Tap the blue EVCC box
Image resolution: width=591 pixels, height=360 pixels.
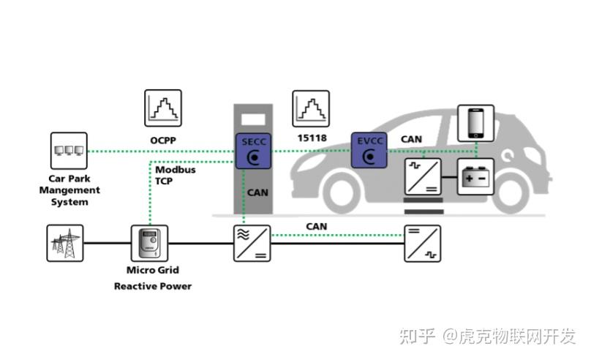[368, 150]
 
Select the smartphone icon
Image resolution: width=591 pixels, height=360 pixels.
[475, 123]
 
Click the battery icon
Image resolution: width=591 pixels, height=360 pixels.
[475, 176]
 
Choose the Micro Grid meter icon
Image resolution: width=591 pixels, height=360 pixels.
[149, 243]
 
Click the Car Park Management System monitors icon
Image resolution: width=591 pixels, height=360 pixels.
[68, 151]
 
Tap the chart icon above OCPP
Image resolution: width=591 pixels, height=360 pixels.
[163, 108]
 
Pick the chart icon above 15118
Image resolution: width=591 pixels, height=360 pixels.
[311, 108]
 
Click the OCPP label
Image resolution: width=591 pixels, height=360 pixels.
[164, 139]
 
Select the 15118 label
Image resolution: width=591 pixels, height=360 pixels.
[312, 138]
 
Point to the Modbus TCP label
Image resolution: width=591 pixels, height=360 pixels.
[170, 175]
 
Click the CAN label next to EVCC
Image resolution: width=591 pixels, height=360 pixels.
[411, 138]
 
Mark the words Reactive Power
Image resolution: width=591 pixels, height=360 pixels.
[153, 286]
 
